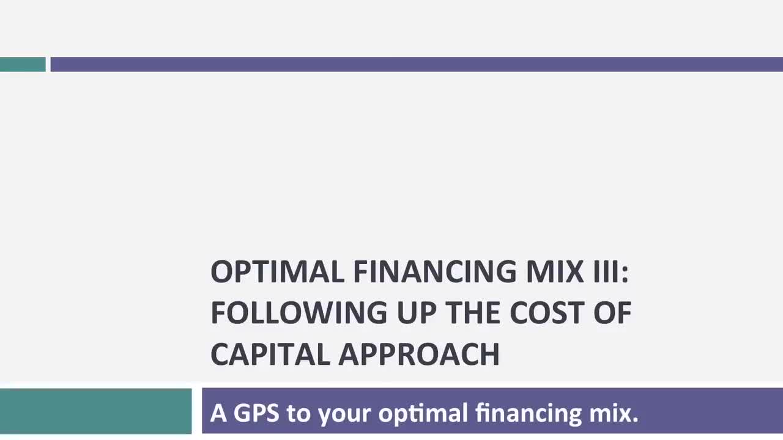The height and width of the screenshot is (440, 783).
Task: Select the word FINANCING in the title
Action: pyautogui.click(x=434, y=271)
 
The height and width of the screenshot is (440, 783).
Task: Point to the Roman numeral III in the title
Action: pyautogui.click(x=608, y=271)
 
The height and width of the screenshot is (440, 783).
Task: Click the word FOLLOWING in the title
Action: pyautogui.click(x=299, y=312)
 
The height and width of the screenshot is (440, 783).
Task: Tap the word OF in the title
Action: pyautogui.click(x=612, y=312)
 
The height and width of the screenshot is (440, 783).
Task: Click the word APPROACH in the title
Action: pyautogui.click(x=419, y=354)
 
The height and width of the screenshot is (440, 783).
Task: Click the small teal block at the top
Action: pyautogui.click(x=23, y=64)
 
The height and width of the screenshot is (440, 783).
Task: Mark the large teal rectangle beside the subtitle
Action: pyautogui.click(x=95, y=411)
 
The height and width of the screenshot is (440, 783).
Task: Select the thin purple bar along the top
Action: pyautogui.click(x=416, y=64)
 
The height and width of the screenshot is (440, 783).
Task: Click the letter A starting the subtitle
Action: pyautogui.click(x=218, y=413)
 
